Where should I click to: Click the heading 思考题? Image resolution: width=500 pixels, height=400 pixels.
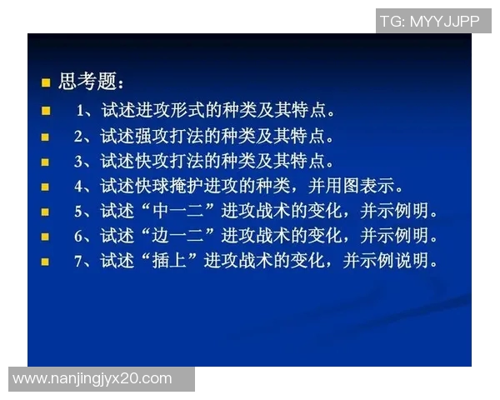point(91,82)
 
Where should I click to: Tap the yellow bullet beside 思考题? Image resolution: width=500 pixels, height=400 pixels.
point(47,82)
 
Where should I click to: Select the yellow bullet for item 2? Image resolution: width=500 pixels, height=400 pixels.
point(47,136)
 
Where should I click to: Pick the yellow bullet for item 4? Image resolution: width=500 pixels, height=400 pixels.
point(47,186)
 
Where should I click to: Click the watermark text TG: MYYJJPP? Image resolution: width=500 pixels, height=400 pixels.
point(430,21)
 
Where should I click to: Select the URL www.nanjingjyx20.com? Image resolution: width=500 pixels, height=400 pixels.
point(93,379)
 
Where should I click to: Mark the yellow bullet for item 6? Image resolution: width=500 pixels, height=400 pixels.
point(47,237)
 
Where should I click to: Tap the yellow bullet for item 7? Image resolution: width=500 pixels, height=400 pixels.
point(47,262)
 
